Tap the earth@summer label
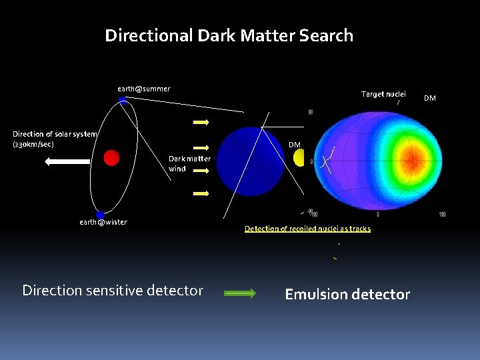coord(144,89)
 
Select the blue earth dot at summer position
coord(123,100)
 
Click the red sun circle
coord(111,157)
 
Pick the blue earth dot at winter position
coord(100,215)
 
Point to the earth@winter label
coord(103,223)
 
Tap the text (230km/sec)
coord(33,144)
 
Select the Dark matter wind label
coord(189,164)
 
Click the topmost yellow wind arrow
coord(201,123)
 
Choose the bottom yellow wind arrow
coord(201,193)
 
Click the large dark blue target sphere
coord(251,161)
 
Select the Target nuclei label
coord(383,94)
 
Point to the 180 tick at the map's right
coord(442,215)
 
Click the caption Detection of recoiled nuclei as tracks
coord(307,229)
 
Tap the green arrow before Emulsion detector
coord(239,293)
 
